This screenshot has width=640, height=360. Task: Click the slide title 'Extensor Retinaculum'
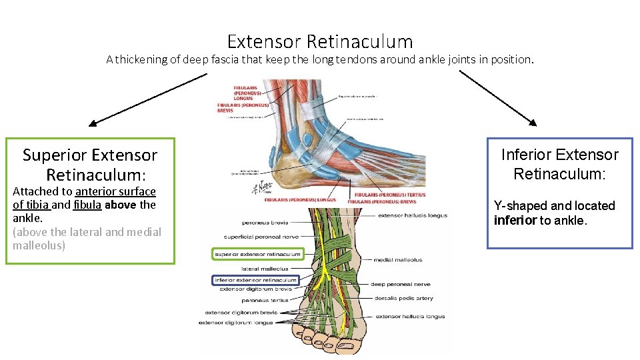pyautogui.click(x=320, y=42)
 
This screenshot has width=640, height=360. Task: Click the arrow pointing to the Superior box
pyautogui.click(x=147, y=99)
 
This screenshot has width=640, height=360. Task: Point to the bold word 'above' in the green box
pyautogui.click(x=120, y=205)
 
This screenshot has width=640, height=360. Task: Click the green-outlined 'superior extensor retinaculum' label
pyautogui.click(x=257, y=254)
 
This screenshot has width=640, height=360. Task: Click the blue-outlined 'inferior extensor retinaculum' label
pyautogui.click(x=255, y=280)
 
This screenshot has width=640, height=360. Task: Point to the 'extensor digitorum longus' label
pyautogui.click(x=236, y=323)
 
